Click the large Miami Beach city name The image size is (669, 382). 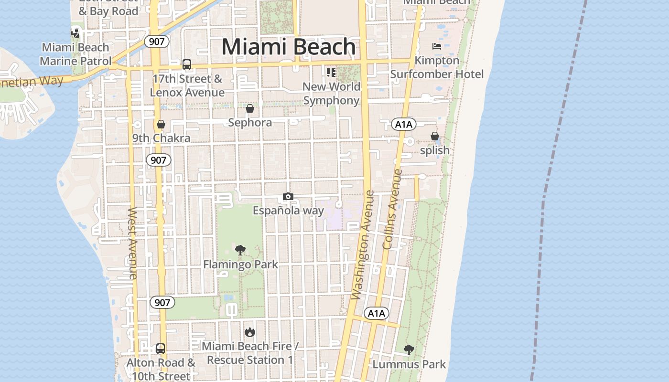coord(289,47)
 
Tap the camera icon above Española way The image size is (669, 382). coord(288,197)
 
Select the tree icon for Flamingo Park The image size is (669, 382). coord(240,250)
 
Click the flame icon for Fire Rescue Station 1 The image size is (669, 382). coord(249,332)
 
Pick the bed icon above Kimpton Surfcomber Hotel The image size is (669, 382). coord(437,46)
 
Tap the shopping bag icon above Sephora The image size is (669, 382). coord(249,108)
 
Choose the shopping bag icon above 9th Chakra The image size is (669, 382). coord(161,125)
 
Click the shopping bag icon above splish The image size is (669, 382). coord(434,137)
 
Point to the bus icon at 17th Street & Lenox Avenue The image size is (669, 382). coord(187,64)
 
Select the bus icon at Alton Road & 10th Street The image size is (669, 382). coord(161,349)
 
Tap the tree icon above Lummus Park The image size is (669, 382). coord(409,350)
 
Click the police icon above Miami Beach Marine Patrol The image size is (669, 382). coord(76,33)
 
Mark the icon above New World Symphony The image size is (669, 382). coord(331,73)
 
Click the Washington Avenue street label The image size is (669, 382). coord(363,245)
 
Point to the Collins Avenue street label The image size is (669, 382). coord(393,209)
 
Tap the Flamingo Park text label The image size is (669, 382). coord(240,264)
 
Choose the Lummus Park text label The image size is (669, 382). coord(409,364)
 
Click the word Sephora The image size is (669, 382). coord(250,123)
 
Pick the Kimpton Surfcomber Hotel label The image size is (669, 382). coord(437,67)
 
